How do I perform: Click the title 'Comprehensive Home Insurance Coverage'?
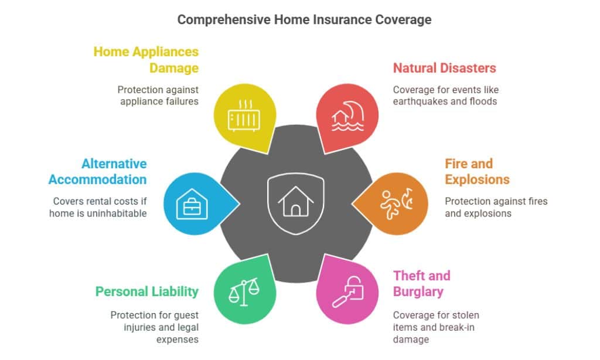point(304,19)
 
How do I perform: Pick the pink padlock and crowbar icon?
point(346,291)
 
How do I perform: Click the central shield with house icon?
point(296,202)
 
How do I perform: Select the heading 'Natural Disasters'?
point(444,68)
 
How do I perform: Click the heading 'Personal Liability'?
point(147,291)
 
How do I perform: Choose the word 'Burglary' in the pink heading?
point(418,291)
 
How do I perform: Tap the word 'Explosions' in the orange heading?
point(477,179)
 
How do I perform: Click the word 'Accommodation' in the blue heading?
point(98,179)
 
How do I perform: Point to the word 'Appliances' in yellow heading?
point(165,52)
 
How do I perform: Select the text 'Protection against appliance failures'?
point(158,95)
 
